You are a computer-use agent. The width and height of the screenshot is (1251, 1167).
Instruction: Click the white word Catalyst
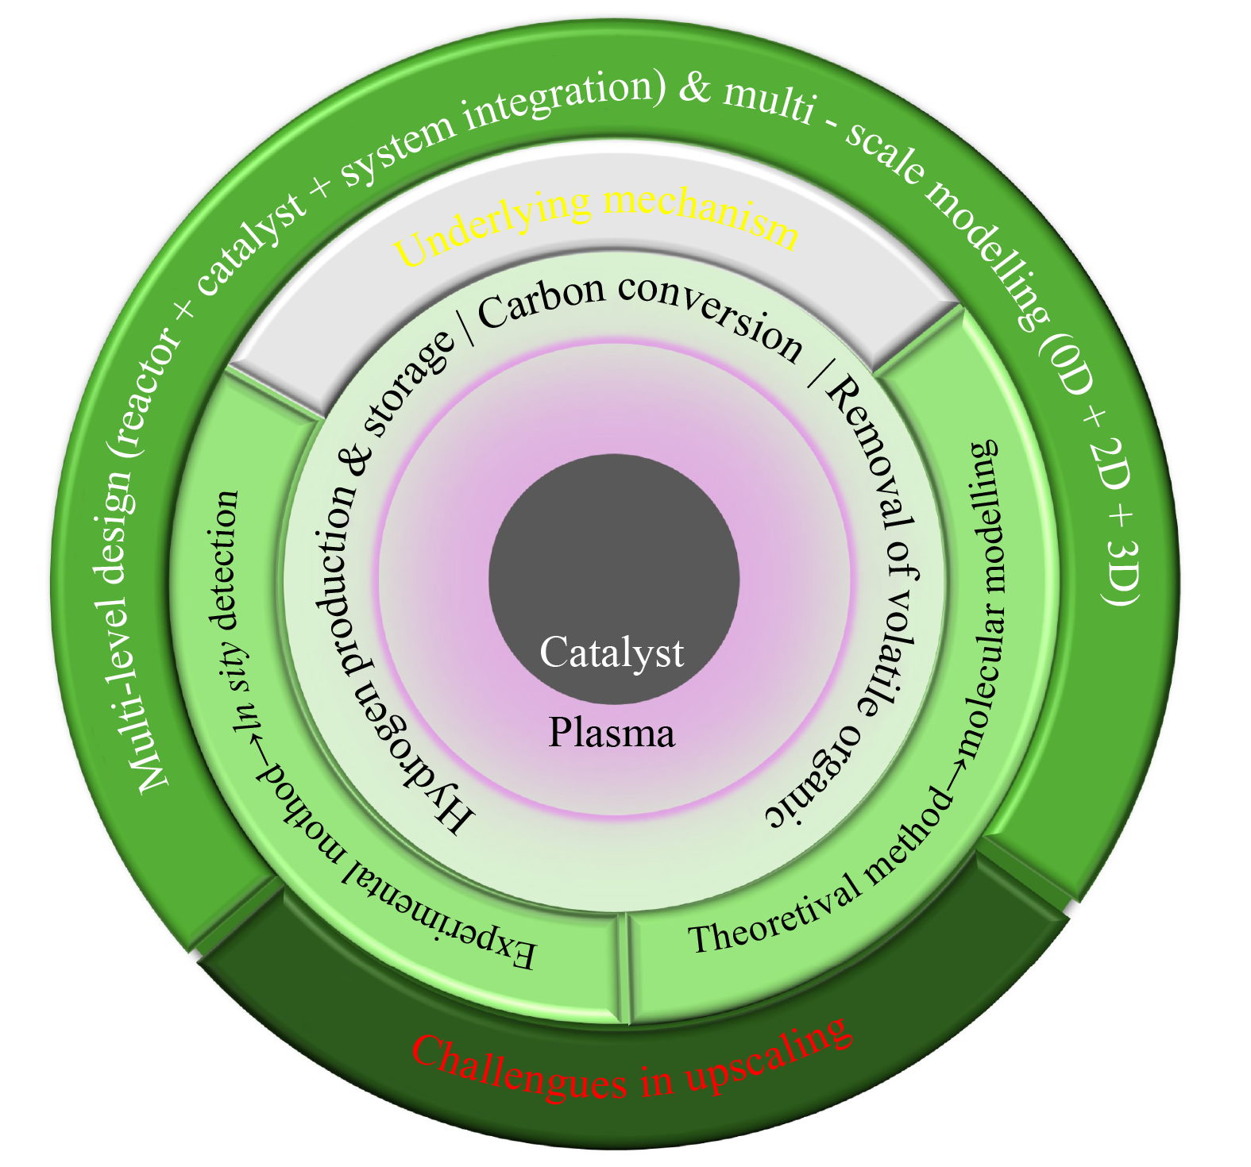tap(612, 653)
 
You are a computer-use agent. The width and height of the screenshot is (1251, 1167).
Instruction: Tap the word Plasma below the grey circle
tap(612, 733)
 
